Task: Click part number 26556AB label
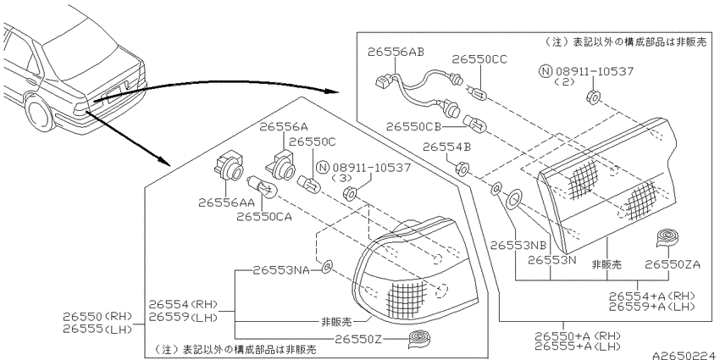pos(396,52)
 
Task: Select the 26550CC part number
pos(479,59)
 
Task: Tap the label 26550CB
pos(413,126)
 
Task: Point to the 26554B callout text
pos(446,147)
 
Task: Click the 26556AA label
pos(226,202)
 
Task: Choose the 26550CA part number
pos(264,217)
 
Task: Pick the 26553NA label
pos(280,270)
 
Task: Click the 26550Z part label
pos(358,339)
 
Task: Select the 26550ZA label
pos(673,264)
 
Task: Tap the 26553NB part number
pos(518,245)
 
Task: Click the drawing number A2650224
pos(685,356)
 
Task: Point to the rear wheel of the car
pos(39,114)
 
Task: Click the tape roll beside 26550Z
pos(422,339)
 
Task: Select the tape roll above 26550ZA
pos(668,237)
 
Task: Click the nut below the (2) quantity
pos(592,97)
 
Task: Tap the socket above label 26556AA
pos(227,169)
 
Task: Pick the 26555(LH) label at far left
pos(97,329)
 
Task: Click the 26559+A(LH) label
pos(651,307)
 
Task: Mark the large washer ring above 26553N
pos(512,199)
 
